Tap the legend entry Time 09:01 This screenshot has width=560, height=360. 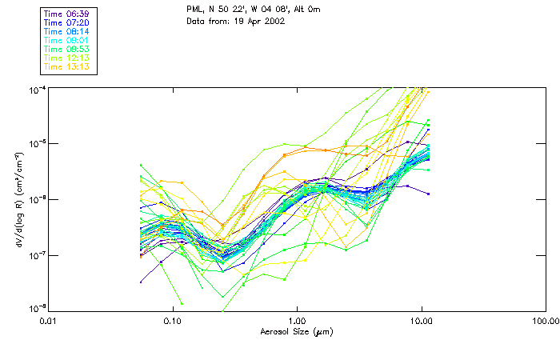(x=67, y=40)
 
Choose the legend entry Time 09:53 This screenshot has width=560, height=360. (x=67, y=49)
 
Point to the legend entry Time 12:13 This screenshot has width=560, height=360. (x=67, y=58)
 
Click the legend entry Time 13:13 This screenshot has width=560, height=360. (x=67, y=67)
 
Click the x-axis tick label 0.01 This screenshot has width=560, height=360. (x=49, y=322)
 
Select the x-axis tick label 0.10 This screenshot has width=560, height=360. (x=173, y=322)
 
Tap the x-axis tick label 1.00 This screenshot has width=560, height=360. (x=297, y=322)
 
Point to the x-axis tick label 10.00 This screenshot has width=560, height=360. (x=421, y=322)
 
